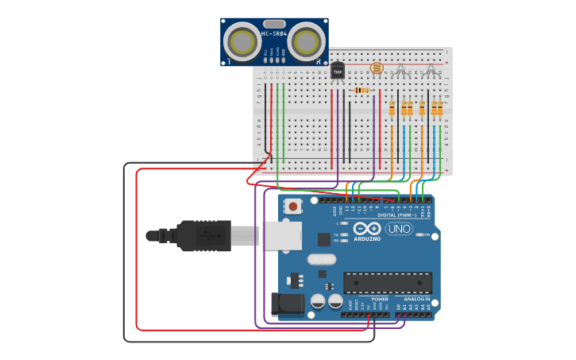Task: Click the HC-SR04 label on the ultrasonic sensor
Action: point(274,34)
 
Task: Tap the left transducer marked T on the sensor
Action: point(240,40)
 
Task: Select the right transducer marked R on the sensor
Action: point(307,39)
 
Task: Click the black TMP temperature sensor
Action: point(338,71)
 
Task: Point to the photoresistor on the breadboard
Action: point(377,69)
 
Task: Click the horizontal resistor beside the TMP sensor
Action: point(362,91)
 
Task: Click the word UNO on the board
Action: point(399,229)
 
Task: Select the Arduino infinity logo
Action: point(368,229)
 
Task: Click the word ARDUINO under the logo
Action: point(367,238)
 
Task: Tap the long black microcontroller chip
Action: point(387,282)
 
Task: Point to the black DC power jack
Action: point(286,304)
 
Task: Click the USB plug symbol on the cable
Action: point(208,235)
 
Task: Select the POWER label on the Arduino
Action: point(380,300)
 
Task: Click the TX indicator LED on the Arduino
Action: point(342,235)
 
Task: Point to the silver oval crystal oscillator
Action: point(322,259)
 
